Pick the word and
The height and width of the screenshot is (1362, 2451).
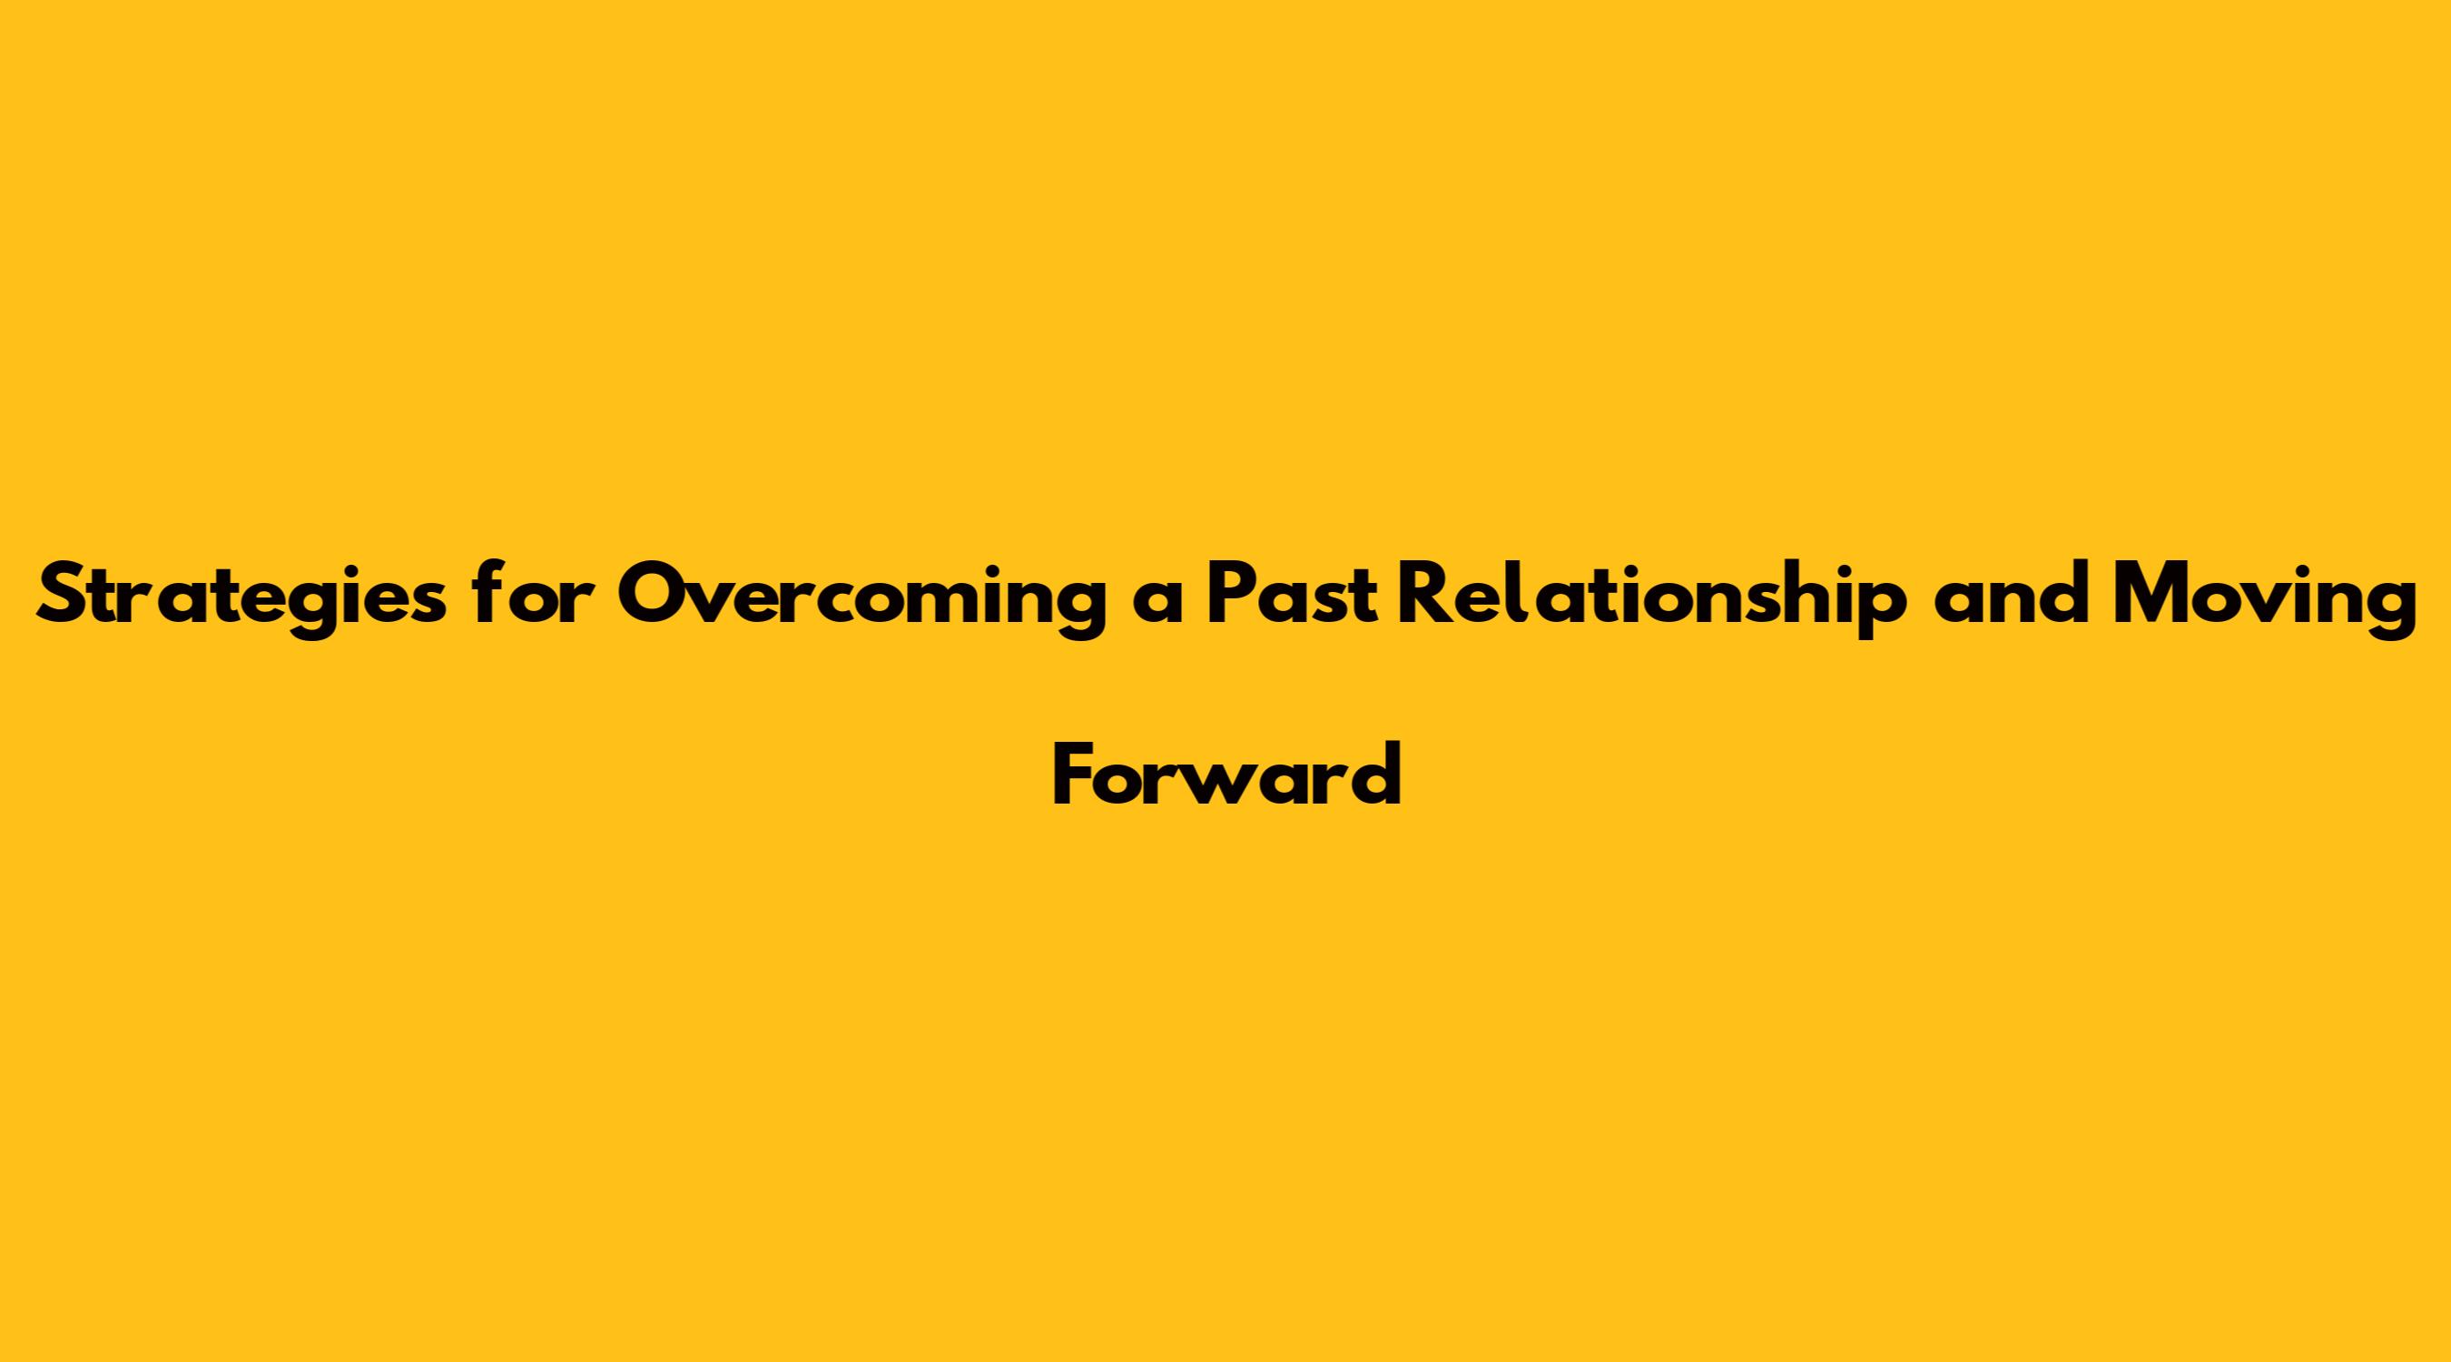pos(2013,596)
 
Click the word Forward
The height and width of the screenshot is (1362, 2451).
pos(1226,774)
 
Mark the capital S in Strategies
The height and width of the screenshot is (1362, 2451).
pos(63,596)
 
